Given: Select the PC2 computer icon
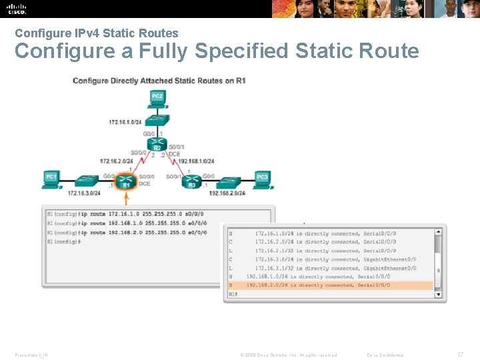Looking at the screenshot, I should [157, 99].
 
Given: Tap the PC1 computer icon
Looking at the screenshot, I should [51, 179].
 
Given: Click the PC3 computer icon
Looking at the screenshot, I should [262, 179].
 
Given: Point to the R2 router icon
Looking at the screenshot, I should [157, 145].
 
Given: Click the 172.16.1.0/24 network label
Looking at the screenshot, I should [125, 122].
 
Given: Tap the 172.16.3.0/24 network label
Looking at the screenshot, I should [84, 193].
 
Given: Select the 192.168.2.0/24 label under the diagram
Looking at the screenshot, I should [227, 193].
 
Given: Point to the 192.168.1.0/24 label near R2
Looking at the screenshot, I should [196, 161].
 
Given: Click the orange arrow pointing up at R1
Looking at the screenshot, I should [125, 198].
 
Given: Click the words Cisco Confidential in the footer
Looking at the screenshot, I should [385, 355].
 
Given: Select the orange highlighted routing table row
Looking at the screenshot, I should [330, 285].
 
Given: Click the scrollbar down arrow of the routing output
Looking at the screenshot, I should [438, 293].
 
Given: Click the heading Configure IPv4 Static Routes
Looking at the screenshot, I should [97, 33].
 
